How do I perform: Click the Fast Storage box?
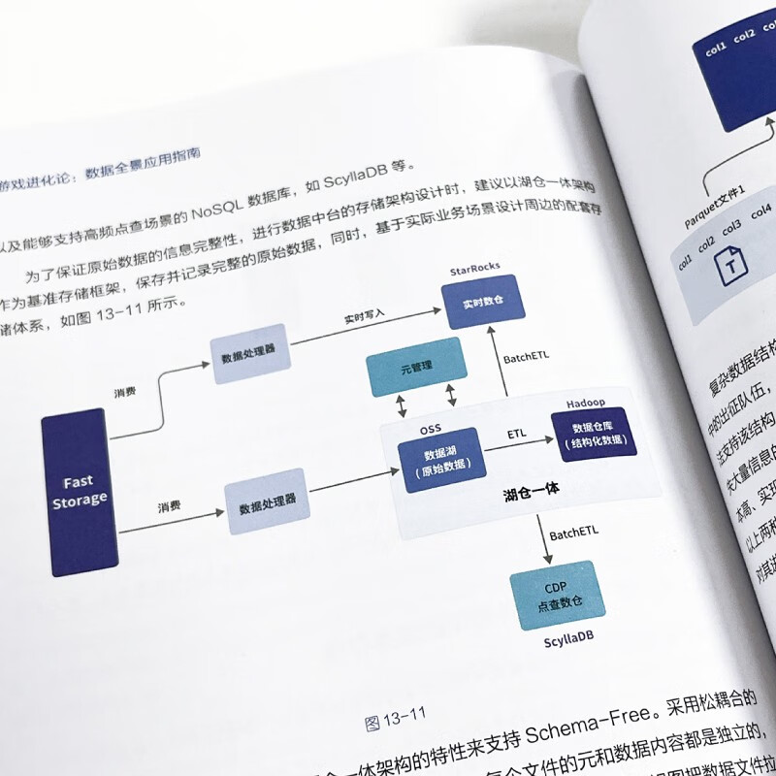[80, 492]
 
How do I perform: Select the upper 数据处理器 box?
[249, 356]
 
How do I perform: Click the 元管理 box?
[415, 368]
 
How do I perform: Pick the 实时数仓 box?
[483, 301]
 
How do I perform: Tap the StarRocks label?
[474, 268]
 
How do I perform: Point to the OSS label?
[431, 427]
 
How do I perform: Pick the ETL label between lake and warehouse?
[517, 434]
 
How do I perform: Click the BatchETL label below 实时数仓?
[527, 358]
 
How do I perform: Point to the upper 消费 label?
[125, 392]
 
